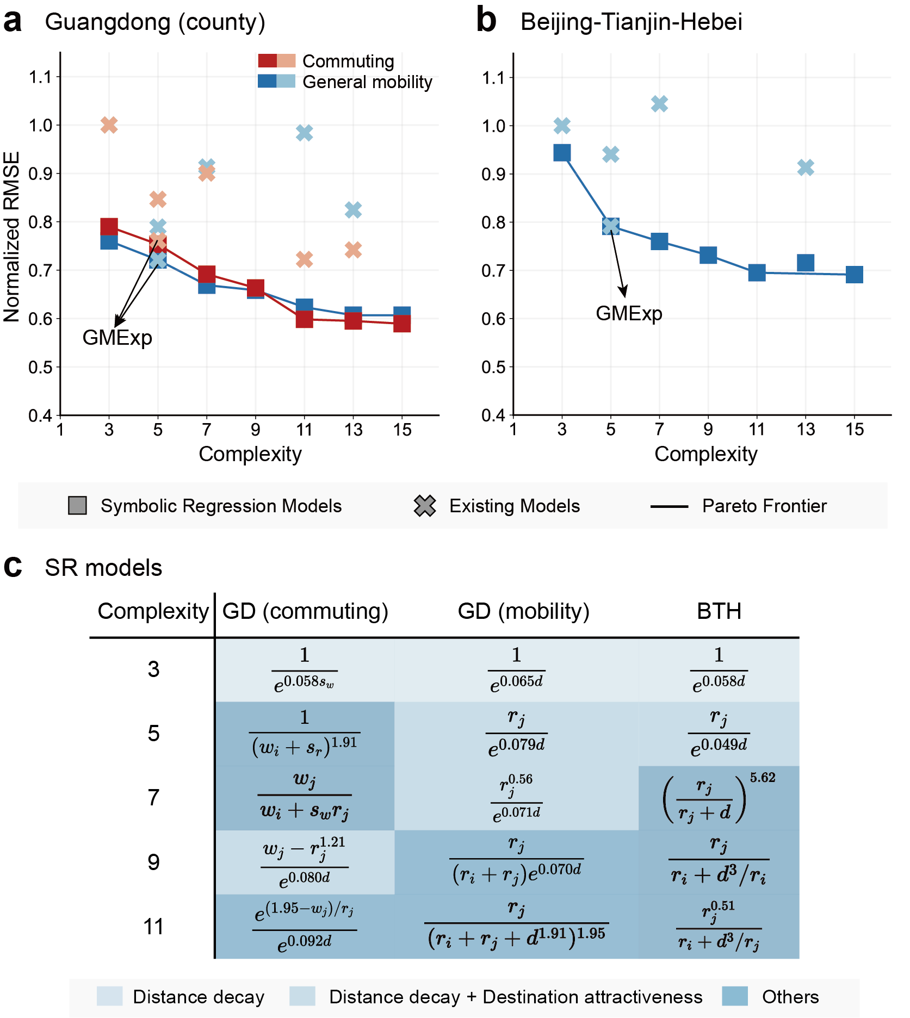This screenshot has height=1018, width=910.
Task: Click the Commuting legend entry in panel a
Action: (348, 61)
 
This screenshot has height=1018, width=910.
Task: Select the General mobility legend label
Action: (367, 82)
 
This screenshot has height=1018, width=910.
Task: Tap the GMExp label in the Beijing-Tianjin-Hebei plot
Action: (629, 314)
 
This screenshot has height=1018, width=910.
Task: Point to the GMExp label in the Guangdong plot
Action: (117, 338)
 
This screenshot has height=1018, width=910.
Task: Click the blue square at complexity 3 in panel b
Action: (562, 153)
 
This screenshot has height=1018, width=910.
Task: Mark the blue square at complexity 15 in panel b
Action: (855, 275)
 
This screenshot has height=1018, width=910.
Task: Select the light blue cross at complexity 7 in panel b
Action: (659, 104)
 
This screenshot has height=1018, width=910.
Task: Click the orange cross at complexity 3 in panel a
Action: (109, 125)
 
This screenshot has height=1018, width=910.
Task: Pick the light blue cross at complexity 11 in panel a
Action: (304, 133)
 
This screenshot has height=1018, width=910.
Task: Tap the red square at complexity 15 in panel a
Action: (402, 324)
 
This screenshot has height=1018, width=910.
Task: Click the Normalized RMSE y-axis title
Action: (11, 237)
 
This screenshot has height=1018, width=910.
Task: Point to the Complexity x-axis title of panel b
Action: (705, 454)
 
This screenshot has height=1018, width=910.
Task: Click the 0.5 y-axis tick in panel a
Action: (40, 368)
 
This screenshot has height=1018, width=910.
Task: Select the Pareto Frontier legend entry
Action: (764, 506)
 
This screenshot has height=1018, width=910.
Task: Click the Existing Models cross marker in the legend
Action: (425, 506)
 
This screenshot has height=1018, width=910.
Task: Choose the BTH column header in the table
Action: (719, 611)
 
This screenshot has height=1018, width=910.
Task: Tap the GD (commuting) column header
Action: (305, 611)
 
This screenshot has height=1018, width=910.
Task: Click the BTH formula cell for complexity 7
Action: (719, 798)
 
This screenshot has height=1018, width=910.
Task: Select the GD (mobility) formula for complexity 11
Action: (516, 926)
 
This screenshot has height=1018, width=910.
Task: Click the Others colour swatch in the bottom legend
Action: (735, 996)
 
